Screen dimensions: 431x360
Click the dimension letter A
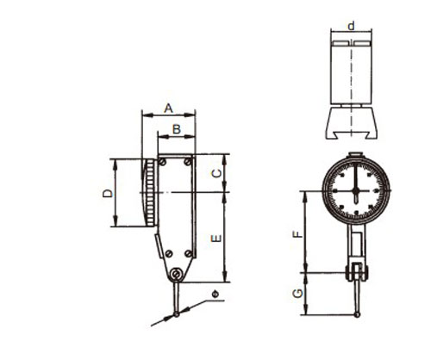pyautogui.click(x=169, y=109)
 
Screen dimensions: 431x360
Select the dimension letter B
pyautogui.click(x=177, y=129)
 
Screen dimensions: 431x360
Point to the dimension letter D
pyautogui.click(x=108, y=193)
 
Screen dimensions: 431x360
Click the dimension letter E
pyautogui.click(x=216, y=239)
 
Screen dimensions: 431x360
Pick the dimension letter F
pyautogui.click(x=297, y=234)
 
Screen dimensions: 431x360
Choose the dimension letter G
pyautogui.click(x=297, y=294)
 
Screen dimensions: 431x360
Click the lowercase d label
pyautogui.click(x=351, y=26)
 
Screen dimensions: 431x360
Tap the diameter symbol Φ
pyautogui.click(x=215, y=295)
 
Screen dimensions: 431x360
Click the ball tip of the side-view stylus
pyautogui.click(x=177, y=314)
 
